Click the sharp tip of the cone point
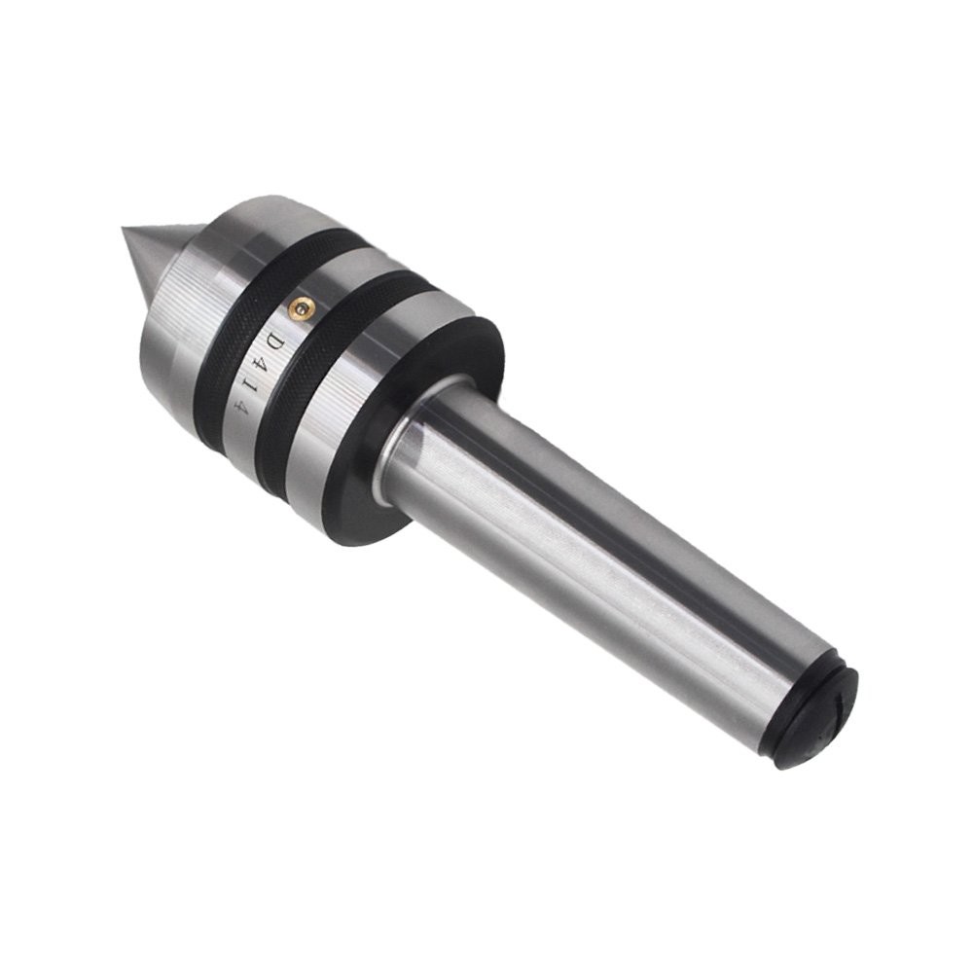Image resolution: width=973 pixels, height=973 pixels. click(x=123, y=229)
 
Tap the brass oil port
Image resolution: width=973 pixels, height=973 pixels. click(x=303, y=306)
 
